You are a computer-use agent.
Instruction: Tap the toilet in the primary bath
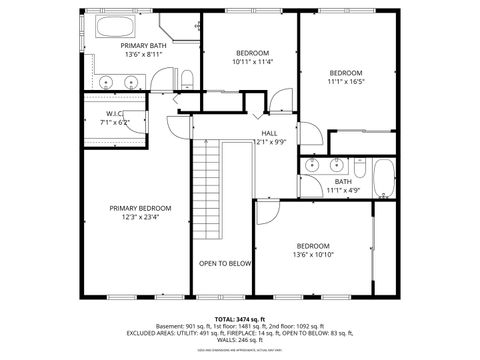tap(186, 79)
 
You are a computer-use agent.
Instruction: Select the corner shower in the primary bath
tap(180, 27)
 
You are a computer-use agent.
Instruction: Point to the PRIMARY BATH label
tap(144, 45)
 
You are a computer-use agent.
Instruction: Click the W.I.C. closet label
tap(115, 113)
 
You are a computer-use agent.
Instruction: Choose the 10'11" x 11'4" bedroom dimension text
tap(252, 62)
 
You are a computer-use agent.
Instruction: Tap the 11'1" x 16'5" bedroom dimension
tap(346, 83)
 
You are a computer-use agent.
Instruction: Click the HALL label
tap(269, 133)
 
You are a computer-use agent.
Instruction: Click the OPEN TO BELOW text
tap(224, 263)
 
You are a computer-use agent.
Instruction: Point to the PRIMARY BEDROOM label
tap(140, 207)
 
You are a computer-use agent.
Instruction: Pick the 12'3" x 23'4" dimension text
tap(140, 217)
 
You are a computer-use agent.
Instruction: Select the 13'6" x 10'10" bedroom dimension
tap(312, 255)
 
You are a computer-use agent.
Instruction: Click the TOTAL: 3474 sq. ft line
tap(239, 319)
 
